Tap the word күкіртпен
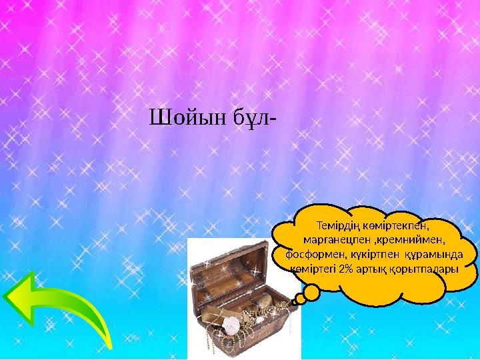coord(369,254)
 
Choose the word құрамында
coord(431,254)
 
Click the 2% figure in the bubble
coord(347,269)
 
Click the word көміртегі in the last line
coord(313,269)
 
